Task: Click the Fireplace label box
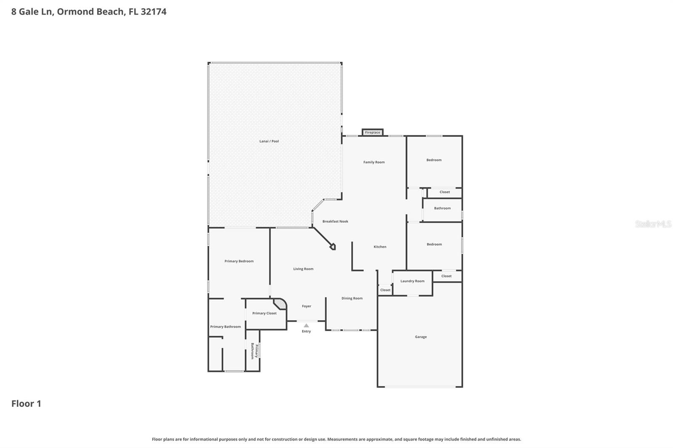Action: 373,132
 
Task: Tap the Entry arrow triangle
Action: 306,326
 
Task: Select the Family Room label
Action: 374,162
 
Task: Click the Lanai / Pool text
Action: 269,141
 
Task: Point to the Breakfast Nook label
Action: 335,221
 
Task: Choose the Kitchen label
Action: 380,247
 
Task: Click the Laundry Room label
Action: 412,281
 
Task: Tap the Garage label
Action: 421,337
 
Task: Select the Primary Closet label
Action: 264,313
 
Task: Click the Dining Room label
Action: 352,298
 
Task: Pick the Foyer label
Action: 307,306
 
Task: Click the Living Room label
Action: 303,269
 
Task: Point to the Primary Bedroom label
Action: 239,261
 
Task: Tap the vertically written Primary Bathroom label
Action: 254,351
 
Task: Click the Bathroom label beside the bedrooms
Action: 442,208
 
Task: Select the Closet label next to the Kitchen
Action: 385,290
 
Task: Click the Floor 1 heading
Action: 26,403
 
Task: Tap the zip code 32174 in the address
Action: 154,11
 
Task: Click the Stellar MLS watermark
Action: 653,224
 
